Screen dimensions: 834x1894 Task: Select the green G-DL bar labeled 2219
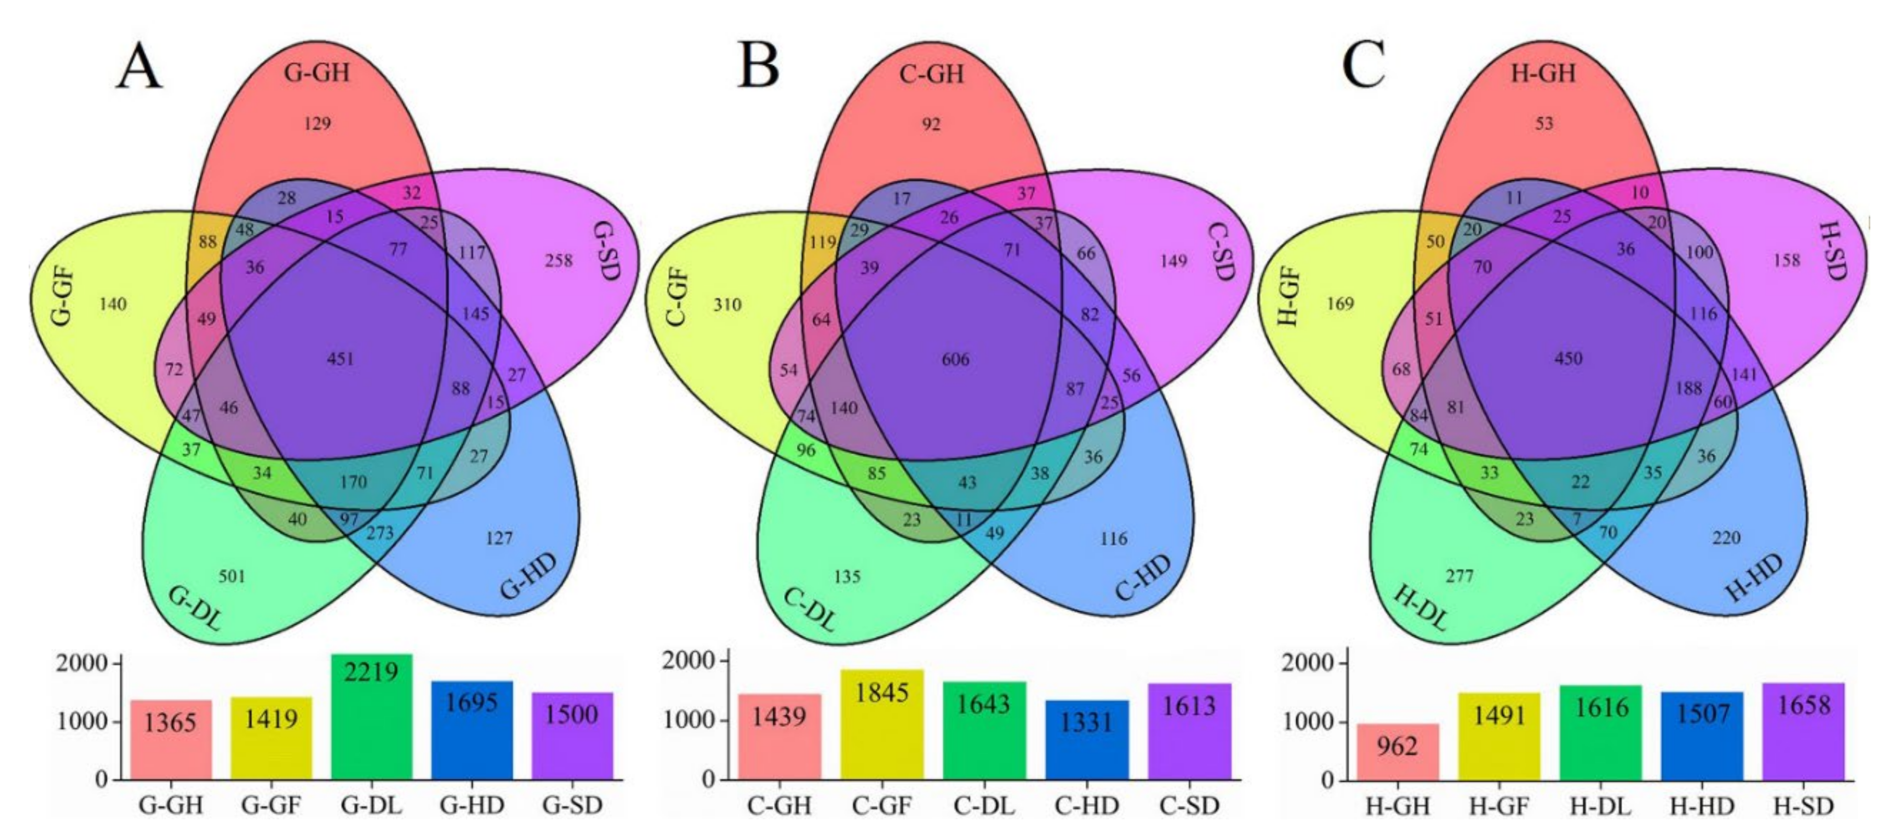click(371, 717)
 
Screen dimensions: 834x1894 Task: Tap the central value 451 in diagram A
click(340, 359)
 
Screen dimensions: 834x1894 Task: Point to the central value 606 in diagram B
click(955, 359)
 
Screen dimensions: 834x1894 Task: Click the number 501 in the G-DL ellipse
click(231, 576)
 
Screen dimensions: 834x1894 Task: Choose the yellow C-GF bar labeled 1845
click(881, 724)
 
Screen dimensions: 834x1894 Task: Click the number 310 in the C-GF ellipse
click(727, 304)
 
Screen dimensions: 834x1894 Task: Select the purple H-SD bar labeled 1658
click(1803, 731)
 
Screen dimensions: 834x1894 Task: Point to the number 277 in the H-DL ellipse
click(1459, 576)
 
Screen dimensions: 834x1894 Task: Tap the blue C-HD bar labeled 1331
click(1087, 738)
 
